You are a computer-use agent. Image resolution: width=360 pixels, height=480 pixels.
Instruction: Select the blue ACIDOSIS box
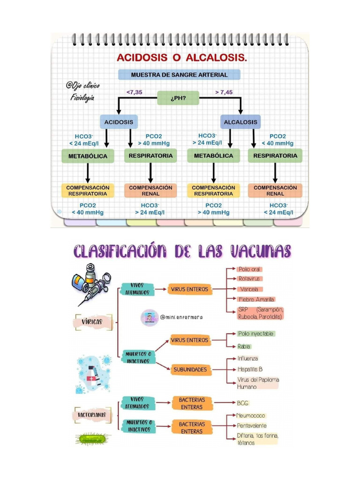(119, 122)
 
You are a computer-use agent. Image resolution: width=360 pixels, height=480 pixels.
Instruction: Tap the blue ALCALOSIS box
(240, 122)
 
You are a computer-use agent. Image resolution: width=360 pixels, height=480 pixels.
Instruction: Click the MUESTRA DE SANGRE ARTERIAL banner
(179, 75)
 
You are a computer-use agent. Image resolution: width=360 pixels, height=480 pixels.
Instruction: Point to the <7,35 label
(135, 92)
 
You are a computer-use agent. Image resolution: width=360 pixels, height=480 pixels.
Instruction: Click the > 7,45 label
(224, 92)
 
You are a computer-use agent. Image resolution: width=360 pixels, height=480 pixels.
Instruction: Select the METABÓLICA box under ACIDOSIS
(88, 156)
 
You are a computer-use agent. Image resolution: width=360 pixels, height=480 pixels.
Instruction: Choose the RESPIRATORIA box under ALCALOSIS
(275, 156)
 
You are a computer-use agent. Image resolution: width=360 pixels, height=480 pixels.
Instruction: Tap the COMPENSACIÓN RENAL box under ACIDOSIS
(150, 190)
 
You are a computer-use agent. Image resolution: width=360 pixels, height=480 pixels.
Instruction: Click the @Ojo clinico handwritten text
(82, 86)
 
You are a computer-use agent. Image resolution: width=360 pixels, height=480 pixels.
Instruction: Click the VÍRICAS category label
(92, 322)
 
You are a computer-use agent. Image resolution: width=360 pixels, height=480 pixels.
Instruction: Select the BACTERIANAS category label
(92, 415)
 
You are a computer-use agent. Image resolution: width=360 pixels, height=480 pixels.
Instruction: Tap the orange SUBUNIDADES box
(190, 370)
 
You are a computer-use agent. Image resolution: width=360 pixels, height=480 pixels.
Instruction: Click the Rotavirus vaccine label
(249, 279)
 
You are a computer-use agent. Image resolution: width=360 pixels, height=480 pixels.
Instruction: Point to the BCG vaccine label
(243, 403)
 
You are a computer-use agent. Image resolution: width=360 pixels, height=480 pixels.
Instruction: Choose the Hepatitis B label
(250, 369)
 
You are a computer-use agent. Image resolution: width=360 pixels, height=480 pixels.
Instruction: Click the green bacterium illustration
(92, 439)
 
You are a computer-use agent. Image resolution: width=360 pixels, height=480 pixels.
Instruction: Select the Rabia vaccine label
(244, 346)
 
